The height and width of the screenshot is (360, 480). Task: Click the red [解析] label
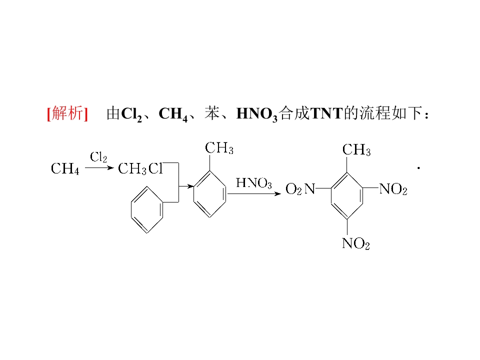[67, 113]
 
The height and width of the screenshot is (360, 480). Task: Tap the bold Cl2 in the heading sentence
[131, 114]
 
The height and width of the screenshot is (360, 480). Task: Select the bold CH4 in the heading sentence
[173, 114]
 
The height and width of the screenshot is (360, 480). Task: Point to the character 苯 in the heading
[212, 113]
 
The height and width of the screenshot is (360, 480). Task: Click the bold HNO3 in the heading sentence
[257, 114]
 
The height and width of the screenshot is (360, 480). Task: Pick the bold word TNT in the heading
[326, 113]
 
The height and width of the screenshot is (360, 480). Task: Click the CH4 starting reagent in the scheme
[65, 168]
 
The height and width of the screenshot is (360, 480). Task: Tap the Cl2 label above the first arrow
[98, 157]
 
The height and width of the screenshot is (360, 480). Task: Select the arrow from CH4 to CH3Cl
[99, 168]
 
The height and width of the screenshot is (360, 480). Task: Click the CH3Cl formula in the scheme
[140, 168]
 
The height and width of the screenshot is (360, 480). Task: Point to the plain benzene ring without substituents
[147, 209]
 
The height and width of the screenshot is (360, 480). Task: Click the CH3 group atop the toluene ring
[219, 148]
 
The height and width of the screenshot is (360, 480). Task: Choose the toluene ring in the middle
[209, 194]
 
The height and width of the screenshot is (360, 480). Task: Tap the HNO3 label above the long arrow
[254, 183]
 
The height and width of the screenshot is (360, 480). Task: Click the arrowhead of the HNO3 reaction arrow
[278, 194]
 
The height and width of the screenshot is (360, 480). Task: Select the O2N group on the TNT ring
[300, 189]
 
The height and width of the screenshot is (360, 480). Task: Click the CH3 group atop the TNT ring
[356, 150]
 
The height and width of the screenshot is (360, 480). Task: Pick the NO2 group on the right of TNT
[393, 189]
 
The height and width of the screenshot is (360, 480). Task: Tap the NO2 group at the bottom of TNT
[355, 243]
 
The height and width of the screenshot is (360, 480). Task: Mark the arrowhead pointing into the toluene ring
[190, 186]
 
